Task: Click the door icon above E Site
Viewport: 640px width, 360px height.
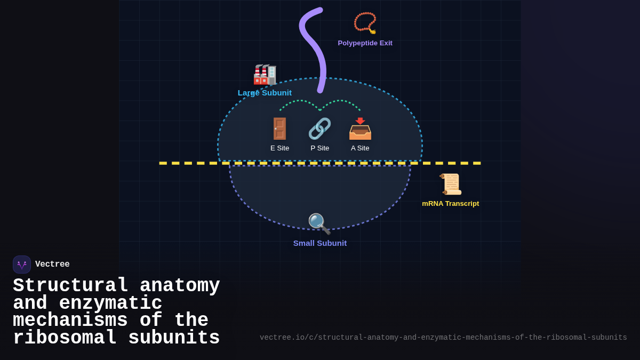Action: tap(279, 129)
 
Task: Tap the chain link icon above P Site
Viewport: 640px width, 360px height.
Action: tap(319, 129)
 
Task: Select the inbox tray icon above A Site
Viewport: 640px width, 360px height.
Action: tap(360, 129)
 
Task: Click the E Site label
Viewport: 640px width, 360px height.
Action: tap(279, 148)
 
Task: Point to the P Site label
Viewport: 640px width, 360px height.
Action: tap(320, 148)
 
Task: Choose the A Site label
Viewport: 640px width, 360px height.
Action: tap(360, 148)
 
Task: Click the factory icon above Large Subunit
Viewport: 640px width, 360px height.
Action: tap(265, 75)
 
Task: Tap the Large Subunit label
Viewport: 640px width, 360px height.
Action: tap(265, 93)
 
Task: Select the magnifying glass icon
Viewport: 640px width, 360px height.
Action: tap(319, 224)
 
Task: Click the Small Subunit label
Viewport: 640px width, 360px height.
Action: tap(320, 243)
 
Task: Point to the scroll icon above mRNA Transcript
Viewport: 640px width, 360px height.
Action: tap(451, 184)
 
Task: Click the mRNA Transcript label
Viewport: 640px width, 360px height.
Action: tap(451, 204)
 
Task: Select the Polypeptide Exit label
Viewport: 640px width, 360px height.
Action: tap(365, 43)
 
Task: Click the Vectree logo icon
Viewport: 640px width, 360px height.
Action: tap(22, 265)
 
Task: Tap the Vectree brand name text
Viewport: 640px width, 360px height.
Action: tap(52, 265)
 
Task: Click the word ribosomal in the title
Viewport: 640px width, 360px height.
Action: tap(65, 338)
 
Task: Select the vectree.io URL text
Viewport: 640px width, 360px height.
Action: tap(443, 338)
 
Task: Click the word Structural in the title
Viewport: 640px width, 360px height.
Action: tap(70, 286)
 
